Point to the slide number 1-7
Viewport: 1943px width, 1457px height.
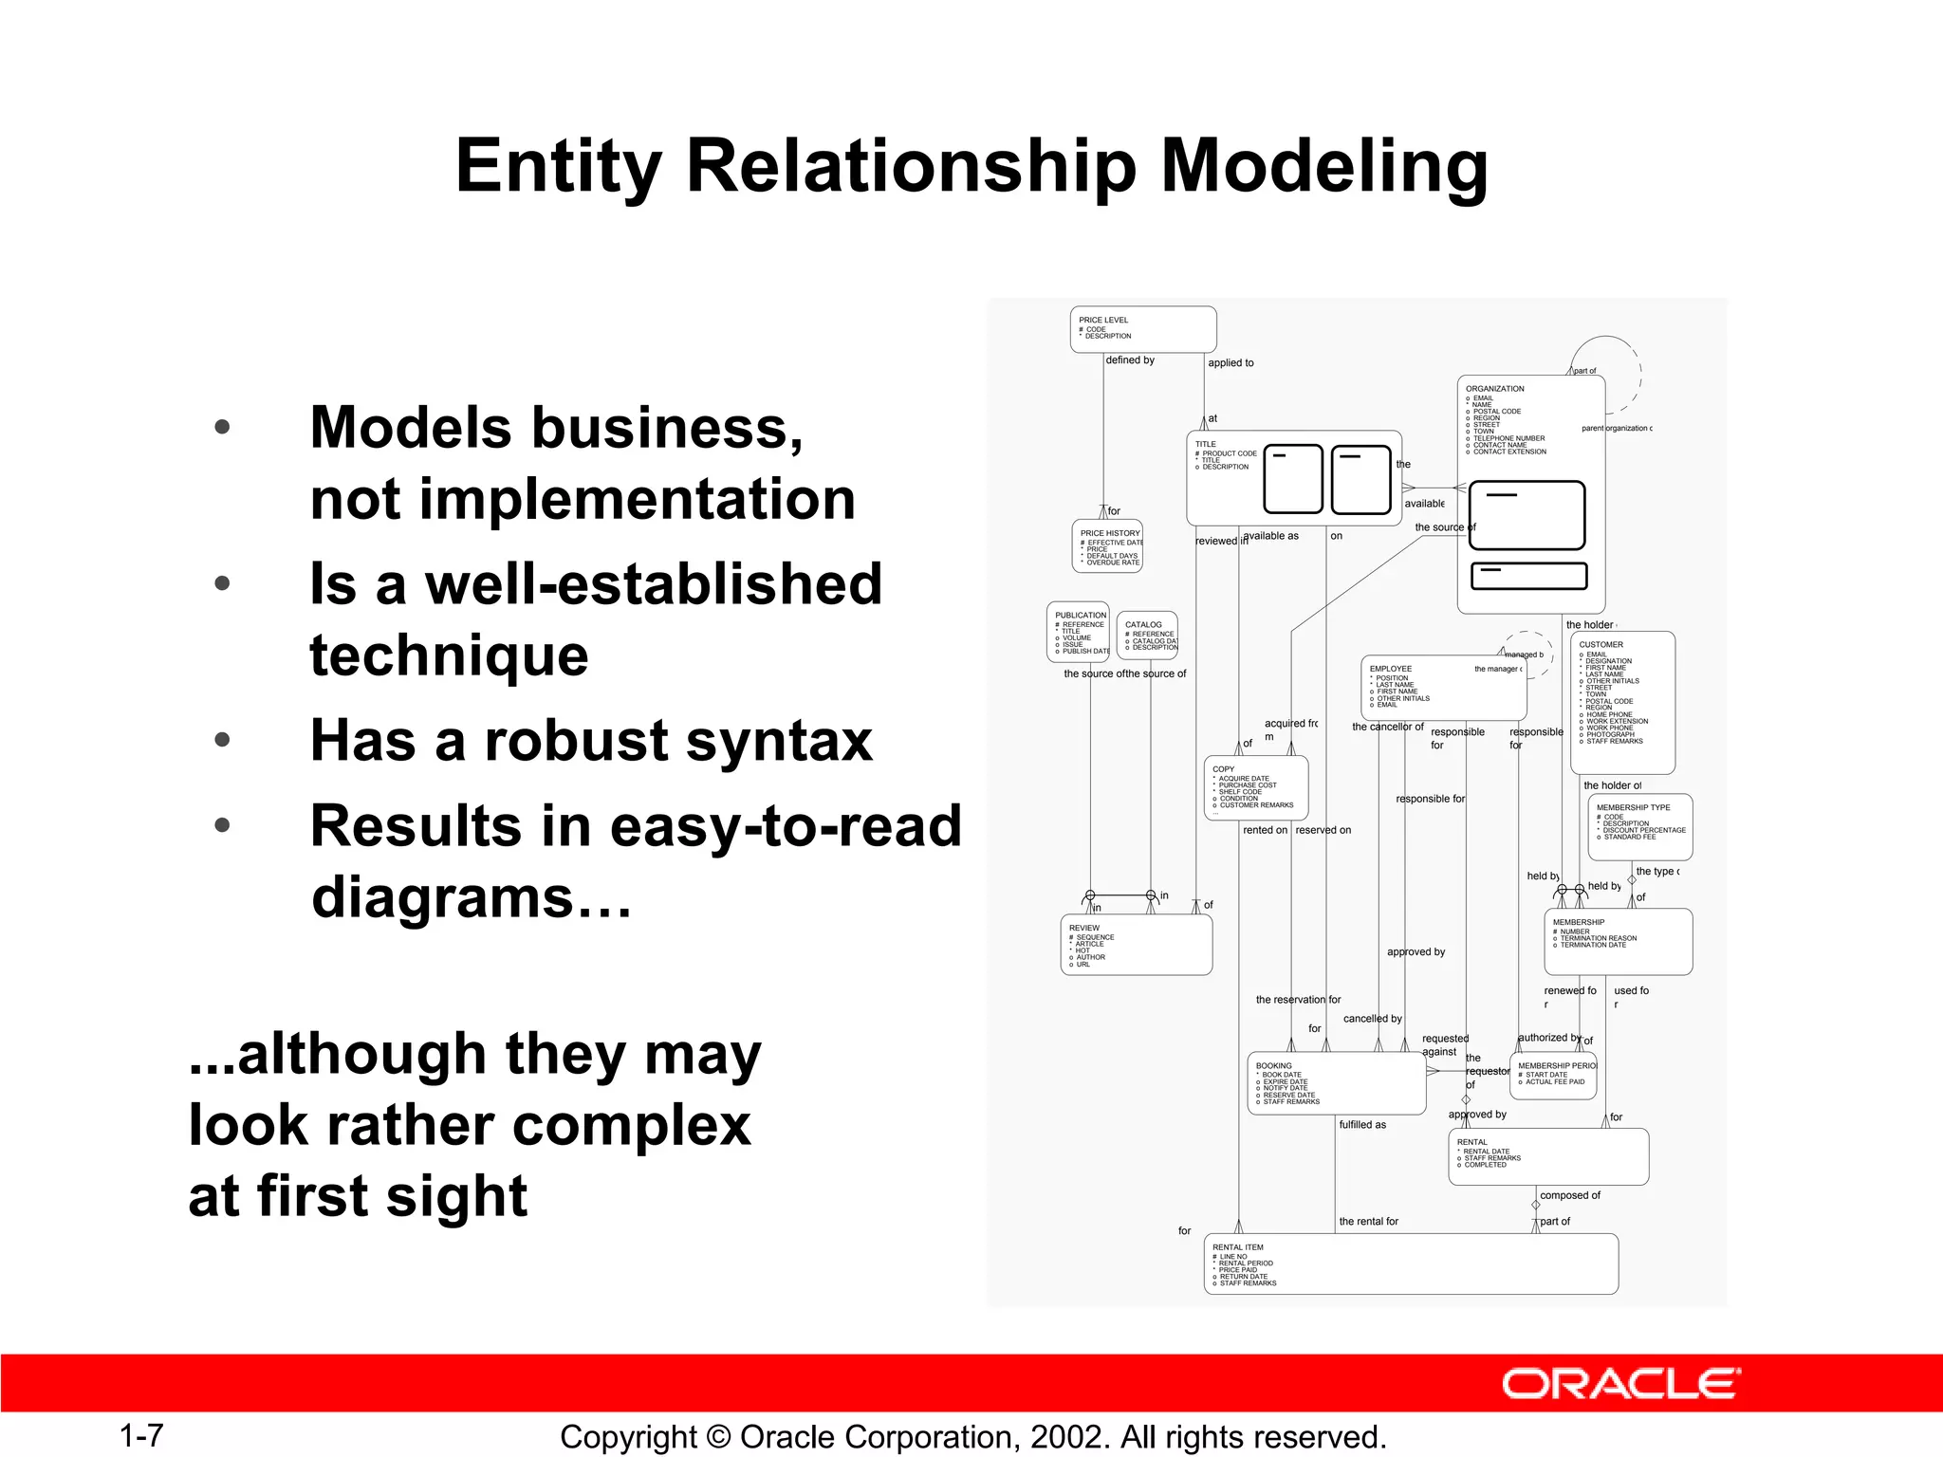coord(141,1436)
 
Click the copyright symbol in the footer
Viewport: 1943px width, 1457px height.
coord(719,1437)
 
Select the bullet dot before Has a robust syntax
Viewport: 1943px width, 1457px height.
coord(222,740)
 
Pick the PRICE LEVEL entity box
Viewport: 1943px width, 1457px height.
coord(1143,329)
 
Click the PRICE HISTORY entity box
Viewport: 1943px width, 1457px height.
coord(1107,546)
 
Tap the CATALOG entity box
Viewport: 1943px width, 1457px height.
coord(1147,636)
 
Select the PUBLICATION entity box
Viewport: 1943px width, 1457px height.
coord(1078,632)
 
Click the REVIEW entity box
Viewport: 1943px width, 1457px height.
coord(1136,945)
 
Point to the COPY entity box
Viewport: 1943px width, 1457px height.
coord(1256,787)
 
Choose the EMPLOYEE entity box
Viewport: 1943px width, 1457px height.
coord(1442,688)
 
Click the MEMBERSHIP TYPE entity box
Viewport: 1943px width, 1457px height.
coord(1639,826)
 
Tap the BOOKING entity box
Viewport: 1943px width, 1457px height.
coord(1336,1083)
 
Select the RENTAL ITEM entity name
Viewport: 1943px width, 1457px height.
coord(1237,1247)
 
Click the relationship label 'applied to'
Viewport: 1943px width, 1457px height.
coord(1231,363)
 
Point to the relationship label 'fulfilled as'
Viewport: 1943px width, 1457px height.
coord(1362,1125)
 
